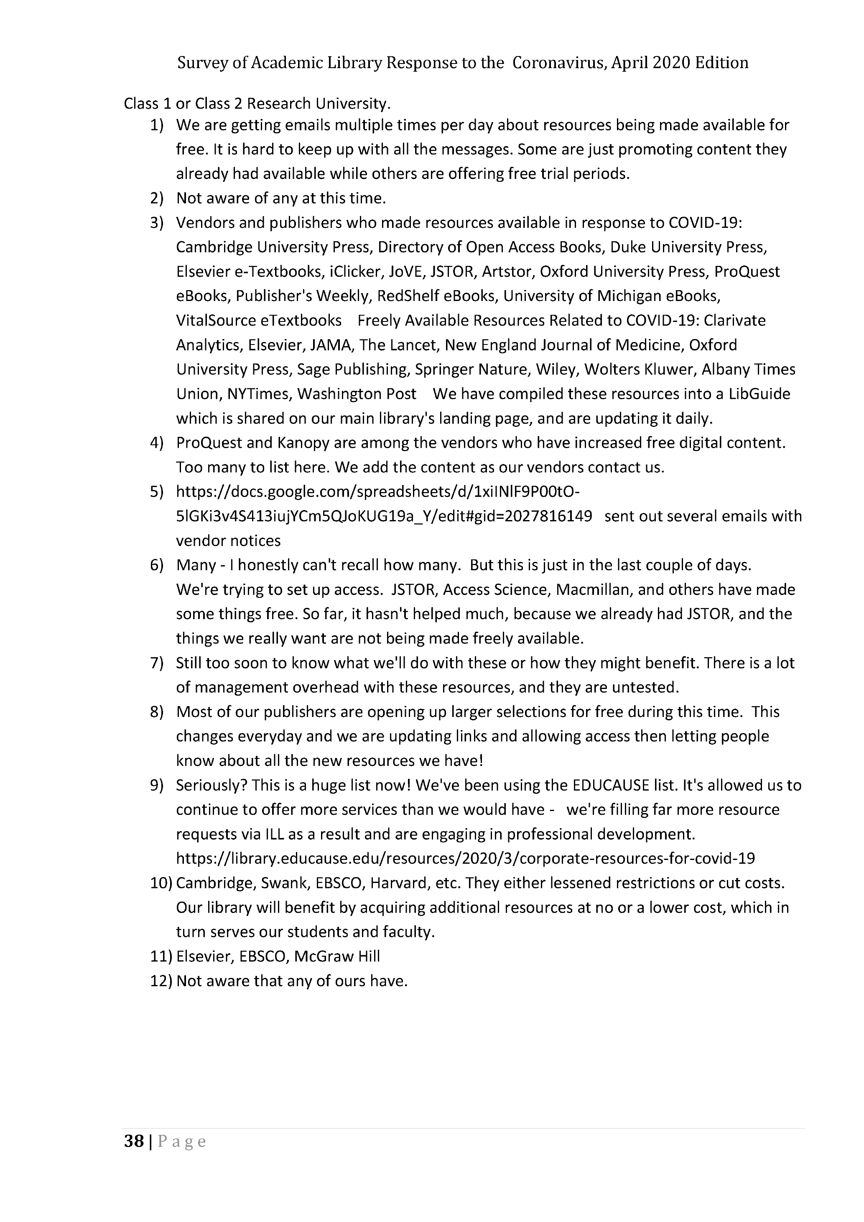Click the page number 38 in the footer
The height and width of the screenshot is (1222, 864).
tap(133, 1141)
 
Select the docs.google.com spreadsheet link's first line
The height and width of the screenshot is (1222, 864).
tap(378, 492)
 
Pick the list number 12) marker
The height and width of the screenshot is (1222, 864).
tap(160, 981)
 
